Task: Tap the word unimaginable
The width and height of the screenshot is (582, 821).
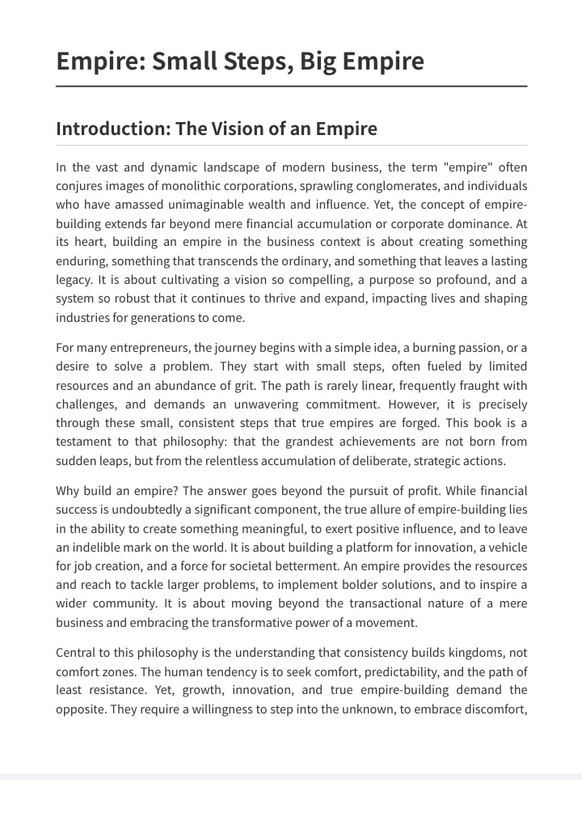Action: [x=217, y=205]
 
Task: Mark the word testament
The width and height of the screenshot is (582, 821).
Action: [x=84, y=442]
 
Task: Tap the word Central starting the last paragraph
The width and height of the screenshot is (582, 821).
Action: [x=77, y=653]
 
